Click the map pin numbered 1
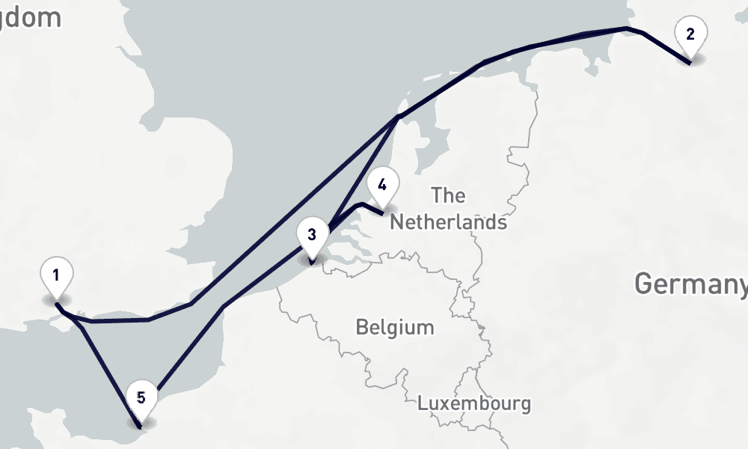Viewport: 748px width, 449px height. pyautogui.click(x=56, y=278)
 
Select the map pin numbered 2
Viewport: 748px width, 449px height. pyautogui.click(x=690, y=37)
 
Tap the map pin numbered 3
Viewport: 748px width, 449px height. pyautogui.click(x=312, y=238)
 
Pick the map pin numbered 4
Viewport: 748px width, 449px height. pyautogui.click(x=382, y=188)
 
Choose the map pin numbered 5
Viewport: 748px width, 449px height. pyautogui.click(x=141, y=400)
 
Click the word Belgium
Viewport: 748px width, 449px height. pyautogui.click(x=394, y=328)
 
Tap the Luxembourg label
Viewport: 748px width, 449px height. pyautogui.click(x=474, y=403)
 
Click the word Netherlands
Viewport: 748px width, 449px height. pyautogui.click(x=448, y=222)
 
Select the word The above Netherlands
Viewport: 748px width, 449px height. pyautogui.click(x=448, y=196)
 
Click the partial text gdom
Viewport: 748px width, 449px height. pyautogui.click(x=31, y=17)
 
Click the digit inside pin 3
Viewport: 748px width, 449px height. pyautogui.click(x=312, y=234)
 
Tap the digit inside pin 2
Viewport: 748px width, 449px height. pyautogui.click(x=690, y=33)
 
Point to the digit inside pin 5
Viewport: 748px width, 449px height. pyautogui.click(x=141, y=397)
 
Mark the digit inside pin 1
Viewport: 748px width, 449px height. pyautogui.click(x=56, y=275)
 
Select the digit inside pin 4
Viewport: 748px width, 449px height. pyautogui.click(x=382, y=184)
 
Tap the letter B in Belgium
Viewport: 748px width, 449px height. pyautogui.click(x=361, y=328)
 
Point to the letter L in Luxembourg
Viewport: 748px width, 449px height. pyautogui.click(x=422, y=403)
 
